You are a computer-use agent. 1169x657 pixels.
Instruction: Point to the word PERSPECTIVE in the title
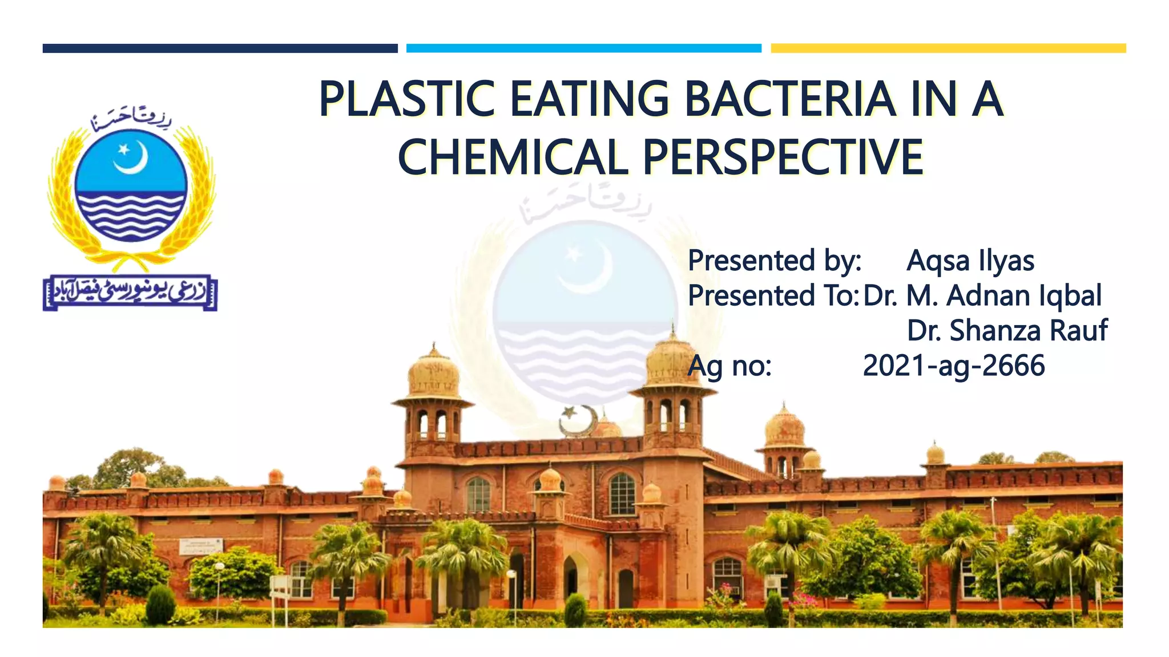(783, 157)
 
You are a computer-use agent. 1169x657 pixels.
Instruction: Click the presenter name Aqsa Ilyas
(970, 261)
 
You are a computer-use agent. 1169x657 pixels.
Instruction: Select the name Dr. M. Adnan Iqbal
(982, 296)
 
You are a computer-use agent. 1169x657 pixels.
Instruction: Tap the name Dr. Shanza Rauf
(1007, 331)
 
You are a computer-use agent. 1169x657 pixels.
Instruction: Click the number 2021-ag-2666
(953, 366)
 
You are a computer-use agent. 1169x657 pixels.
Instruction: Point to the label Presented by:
(774, 261)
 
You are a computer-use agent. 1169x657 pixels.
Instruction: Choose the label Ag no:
(729, 366)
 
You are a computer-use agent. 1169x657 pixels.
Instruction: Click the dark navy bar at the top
(220, 48)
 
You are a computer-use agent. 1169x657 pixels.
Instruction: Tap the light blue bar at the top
(583, 48)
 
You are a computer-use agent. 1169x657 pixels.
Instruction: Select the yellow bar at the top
(948, 48)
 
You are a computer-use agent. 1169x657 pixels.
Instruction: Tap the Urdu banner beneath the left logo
(130, 293)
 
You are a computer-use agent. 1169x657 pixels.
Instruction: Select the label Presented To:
(773, 296)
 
